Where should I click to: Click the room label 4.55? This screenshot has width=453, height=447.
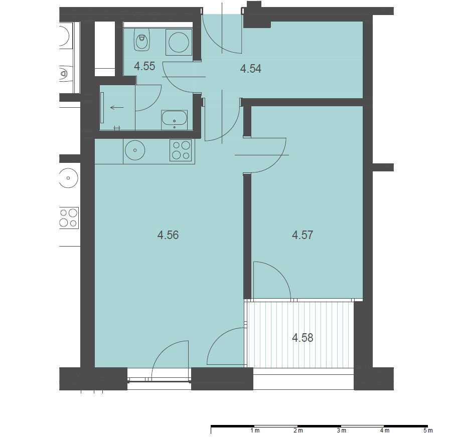point(144,66)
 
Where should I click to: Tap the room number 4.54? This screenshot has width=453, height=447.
point(251,69)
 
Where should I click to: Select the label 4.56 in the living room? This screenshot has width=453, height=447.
point(168,235)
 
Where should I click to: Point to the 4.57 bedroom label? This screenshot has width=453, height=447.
point(303,235)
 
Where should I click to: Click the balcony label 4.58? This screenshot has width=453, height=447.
point(303,338)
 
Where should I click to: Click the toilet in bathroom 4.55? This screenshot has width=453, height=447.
point(141,40)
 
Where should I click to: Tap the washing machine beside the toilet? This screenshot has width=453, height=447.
point(179,42)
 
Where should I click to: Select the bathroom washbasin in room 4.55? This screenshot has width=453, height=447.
point(174,120)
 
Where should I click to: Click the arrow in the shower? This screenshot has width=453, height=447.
point(117,108)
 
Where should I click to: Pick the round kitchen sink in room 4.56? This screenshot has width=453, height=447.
point(135,150)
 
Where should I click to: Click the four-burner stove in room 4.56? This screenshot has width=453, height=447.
point(181,150)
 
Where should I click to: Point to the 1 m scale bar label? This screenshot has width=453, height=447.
point(255,430)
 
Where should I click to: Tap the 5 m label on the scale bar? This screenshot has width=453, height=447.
point(428,430)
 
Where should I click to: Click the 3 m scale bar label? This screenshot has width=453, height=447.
point(342,430)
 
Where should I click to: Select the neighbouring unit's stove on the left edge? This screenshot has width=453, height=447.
point(69,218)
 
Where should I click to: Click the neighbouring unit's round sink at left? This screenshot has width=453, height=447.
point(68,178)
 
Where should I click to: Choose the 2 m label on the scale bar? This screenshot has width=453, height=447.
point(298,430)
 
